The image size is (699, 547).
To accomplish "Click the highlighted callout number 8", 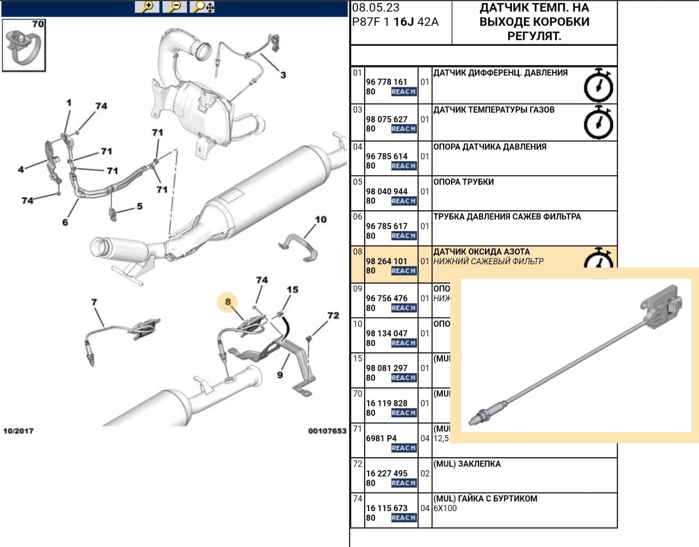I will pos(227,302).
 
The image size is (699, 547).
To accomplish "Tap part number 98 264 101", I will pos(386,261).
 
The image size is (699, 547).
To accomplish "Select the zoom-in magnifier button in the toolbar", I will pos(147,7).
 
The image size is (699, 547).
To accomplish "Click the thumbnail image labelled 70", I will pos(24,45).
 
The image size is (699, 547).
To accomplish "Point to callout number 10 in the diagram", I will pos(321,219).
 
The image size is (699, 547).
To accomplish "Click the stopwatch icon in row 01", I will pos(598,86).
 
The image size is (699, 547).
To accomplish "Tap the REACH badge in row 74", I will pos(403,518).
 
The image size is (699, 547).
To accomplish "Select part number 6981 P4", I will pos(381,438).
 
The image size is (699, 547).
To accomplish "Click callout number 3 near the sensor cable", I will pos(283,75).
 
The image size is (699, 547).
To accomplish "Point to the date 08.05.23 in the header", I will pos(376,8).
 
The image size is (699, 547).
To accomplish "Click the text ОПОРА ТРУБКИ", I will pos(463,182).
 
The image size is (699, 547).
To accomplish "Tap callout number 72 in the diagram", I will pos(333,315).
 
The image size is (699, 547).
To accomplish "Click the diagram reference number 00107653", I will pos(327,431).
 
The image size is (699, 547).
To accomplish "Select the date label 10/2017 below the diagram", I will pos(18,431).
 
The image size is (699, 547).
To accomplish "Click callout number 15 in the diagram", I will pos(292,290).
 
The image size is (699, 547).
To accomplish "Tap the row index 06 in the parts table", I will pos(358,217).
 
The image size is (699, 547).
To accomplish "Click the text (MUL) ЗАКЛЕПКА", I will pos(467,464).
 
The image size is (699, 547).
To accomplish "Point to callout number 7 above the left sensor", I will pos(94,302).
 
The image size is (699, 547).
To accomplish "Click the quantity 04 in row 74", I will pos(425,508).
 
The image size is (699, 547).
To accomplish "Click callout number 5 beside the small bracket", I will pos(139,206).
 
